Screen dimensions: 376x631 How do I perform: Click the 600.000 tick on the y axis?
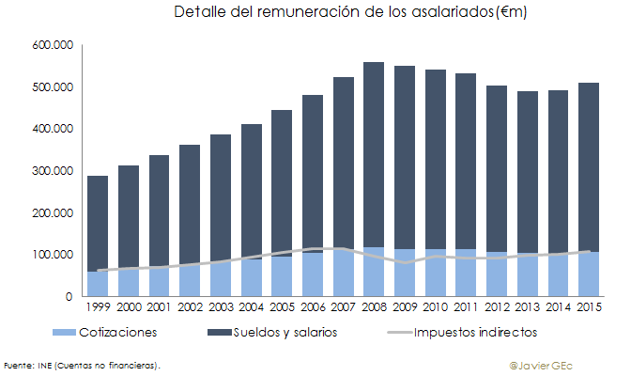tap(54, 45)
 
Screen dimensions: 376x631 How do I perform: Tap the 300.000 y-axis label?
tap(54, 171)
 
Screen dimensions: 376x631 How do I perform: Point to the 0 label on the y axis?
tap(69, 296)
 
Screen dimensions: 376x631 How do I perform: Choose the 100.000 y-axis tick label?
tap(54, 255)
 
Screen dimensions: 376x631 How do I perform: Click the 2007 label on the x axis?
tap(343, 306)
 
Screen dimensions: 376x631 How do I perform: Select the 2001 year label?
tap(159, 306)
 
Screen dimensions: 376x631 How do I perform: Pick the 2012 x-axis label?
tap(496, 306)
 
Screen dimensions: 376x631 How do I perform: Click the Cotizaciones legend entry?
tap(118, 332)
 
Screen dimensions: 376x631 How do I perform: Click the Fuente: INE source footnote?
tap(81, 364)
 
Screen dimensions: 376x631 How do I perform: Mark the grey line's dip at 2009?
tap(405, 263)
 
